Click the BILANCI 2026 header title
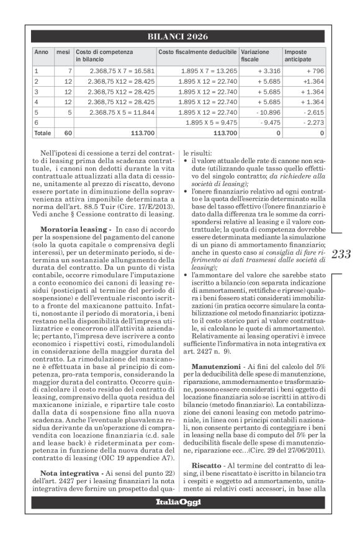pyautogui.click(x=178, y=37)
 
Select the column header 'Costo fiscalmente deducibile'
pyautogui.click(x=197, y=51)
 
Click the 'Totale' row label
pyautogui.click(x=43, y=133)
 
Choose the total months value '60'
pyautogui.click(x=68, y=133)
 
